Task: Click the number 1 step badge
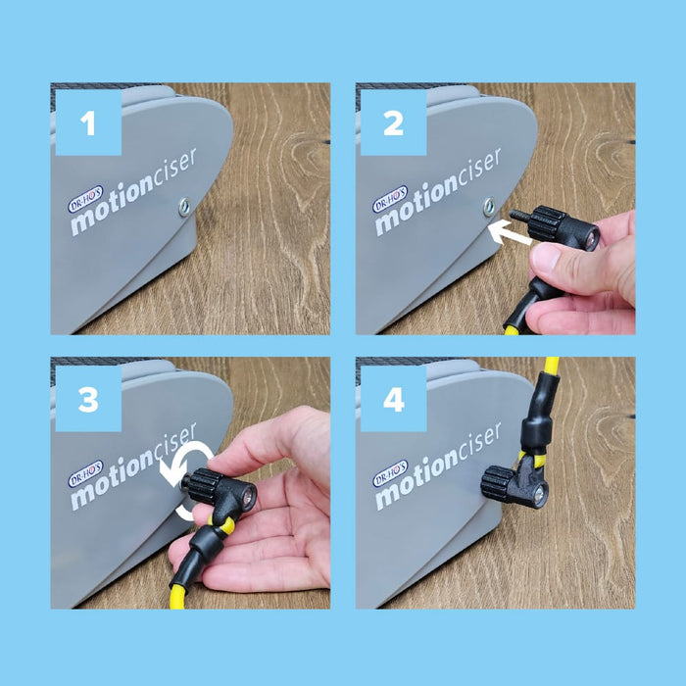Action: pos(88,122)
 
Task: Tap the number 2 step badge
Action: pos(393,122)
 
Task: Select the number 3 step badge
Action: pos(88,399)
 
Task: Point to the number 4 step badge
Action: pos(393,399)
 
